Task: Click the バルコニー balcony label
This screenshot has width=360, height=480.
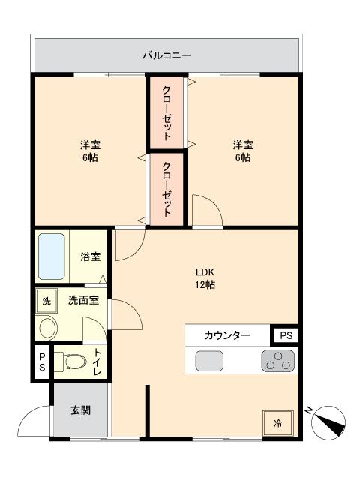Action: (167, 55)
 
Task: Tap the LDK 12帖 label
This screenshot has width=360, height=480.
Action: (206, 278)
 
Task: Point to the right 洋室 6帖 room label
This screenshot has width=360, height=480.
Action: (241, 151)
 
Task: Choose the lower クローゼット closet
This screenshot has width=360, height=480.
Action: (166, 188)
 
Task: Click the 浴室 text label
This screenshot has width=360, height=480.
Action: (91, 256)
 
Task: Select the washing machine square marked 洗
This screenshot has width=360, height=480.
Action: (46, 301)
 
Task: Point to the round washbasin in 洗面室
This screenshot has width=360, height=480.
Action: (48, 328)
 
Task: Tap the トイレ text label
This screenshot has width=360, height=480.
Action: (98, 362)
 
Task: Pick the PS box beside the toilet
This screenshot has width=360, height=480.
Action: (42, 362)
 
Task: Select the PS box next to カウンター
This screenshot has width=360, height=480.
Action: (285, 335)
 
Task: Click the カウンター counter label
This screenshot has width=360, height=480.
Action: (226, 335)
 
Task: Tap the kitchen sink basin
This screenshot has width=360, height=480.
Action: (209, 361)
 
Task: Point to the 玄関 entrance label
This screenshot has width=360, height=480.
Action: (80, 410)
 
